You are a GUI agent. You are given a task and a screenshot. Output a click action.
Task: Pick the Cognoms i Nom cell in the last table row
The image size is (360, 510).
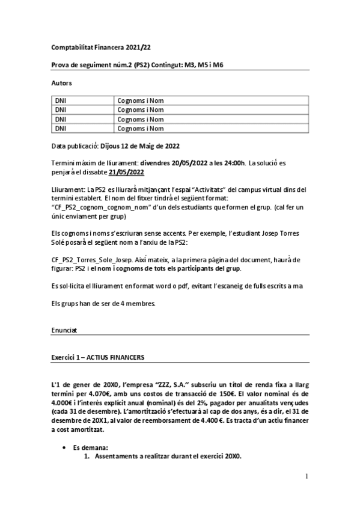coord(141,128)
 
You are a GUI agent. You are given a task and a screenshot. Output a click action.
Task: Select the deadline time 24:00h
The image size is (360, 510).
coord(231,163)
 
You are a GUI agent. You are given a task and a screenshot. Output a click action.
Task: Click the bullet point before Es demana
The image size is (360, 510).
coord(65,448)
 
